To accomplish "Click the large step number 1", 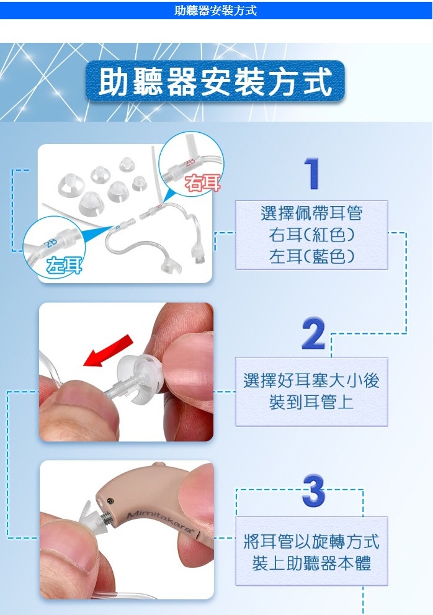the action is click(312, 174).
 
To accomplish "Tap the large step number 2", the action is click(313, 333).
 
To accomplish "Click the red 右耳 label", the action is click(203, 183).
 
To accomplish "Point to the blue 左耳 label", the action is click(65, 266).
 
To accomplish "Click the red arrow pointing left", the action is click(108, 351).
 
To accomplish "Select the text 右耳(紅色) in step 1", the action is click(312, 235).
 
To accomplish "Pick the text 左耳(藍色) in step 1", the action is click(312, 256).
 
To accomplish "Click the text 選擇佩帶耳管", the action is click(312, 213).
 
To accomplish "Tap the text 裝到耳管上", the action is click(311, 402).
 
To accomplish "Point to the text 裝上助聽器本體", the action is click(311, 563).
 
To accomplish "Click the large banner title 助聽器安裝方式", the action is click(215, 81).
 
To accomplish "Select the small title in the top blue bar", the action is click(215, 10).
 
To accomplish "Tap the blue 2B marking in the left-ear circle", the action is click(51, 243).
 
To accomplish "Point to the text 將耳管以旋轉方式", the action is click(311, 542).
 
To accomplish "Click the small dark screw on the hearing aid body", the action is click(111, 501).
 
